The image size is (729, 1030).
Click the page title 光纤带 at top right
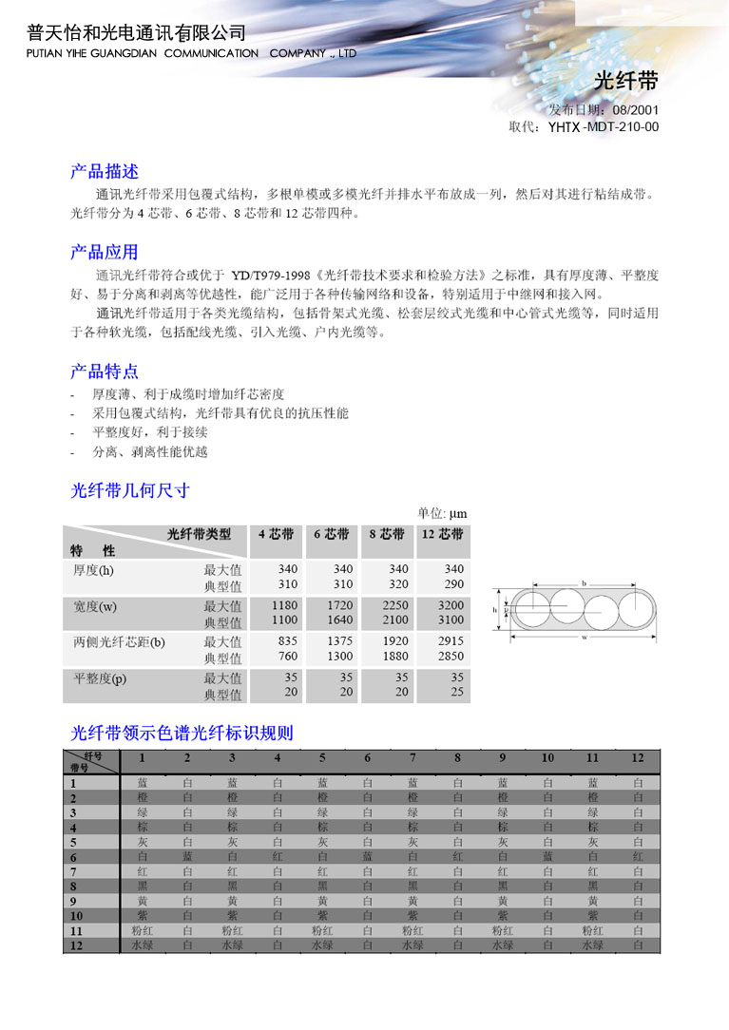(625, 80)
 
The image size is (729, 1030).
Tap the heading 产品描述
(105, 172)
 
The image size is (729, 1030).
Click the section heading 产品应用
(105, 252)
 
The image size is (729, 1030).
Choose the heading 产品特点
(105, 371)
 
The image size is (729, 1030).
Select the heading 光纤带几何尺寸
(130, 490)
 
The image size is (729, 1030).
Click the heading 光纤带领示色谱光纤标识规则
(182, 733)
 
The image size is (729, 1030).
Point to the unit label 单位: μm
(442, 514)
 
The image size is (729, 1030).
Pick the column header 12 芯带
(442, 535)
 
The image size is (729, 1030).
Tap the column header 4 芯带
(276, 535)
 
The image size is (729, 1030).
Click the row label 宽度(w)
(95, 606)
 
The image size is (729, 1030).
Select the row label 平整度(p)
(100, 678)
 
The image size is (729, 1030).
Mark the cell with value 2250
(393, 605)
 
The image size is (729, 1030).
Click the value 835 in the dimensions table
(287, 642)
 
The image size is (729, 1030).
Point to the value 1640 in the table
(339, 620)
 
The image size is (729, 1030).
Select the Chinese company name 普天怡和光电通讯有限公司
(137, 32)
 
